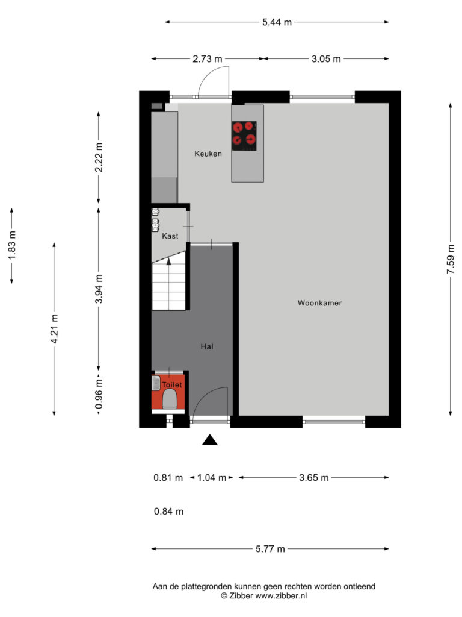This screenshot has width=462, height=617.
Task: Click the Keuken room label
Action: tap(208, 154)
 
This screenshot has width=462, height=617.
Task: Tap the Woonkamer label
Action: tap(319, 303)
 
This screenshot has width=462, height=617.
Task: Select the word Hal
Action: tap(207, 346)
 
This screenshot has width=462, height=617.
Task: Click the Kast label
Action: tap(170, 236)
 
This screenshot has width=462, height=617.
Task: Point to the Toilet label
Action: tap(172, 385)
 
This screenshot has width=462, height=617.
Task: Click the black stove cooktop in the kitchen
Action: tap(244, 136)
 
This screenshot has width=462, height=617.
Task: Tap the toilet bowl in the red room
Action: tap(170, 399)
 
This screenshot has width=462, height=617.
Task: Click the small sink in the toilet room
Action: tap(156, 383)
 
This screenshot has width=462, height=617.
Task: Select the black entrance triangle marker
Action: tap(210, 440)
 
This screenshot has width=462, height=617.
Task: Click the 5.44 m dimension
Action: tap(277, 22)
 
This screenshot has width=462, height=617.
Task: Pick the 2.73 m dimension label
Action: tap(208, 59)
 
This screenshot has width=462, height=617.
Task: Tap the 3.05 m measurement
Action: tap(326, 59)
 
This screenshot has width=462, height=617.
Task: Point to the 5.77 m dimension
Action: tap(270, 549)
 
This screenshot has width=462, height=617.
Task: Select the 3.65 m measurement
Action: tap(314, 478)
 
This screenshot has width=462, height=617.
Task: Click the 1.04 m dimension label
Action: tap(212, 478)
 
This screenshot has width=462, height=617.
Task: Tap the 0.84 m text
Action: tap(168, 512)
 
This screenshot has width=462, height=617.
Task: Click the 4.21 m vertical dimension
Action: tap(54, 328)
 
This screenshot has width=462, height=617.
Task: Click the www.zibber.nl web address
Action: tap(282, 596)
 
